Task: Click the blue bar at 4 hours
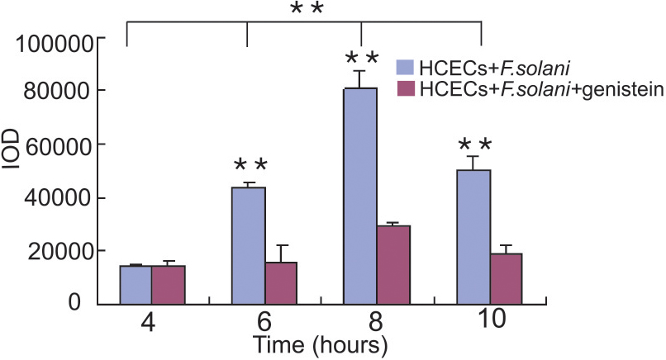point(136,284)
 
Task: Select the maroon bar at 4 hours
point(168,284)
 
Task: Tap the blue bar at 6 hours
point(249,245)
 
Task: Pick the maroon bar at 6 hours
point(281,282)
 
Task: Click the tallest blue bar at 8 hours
point(361,195)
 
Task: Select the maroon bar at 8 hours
point(393,263)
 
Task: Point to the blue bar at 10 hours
point(473,236)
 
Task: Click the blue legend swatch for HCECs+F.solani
point(406,67)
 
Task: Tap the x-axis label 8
point(361,320)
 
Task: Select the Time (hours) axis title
point(320,342)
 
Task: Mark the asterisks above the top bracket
point(306,10)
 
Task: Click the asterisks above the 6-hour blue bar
point(250,166)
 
